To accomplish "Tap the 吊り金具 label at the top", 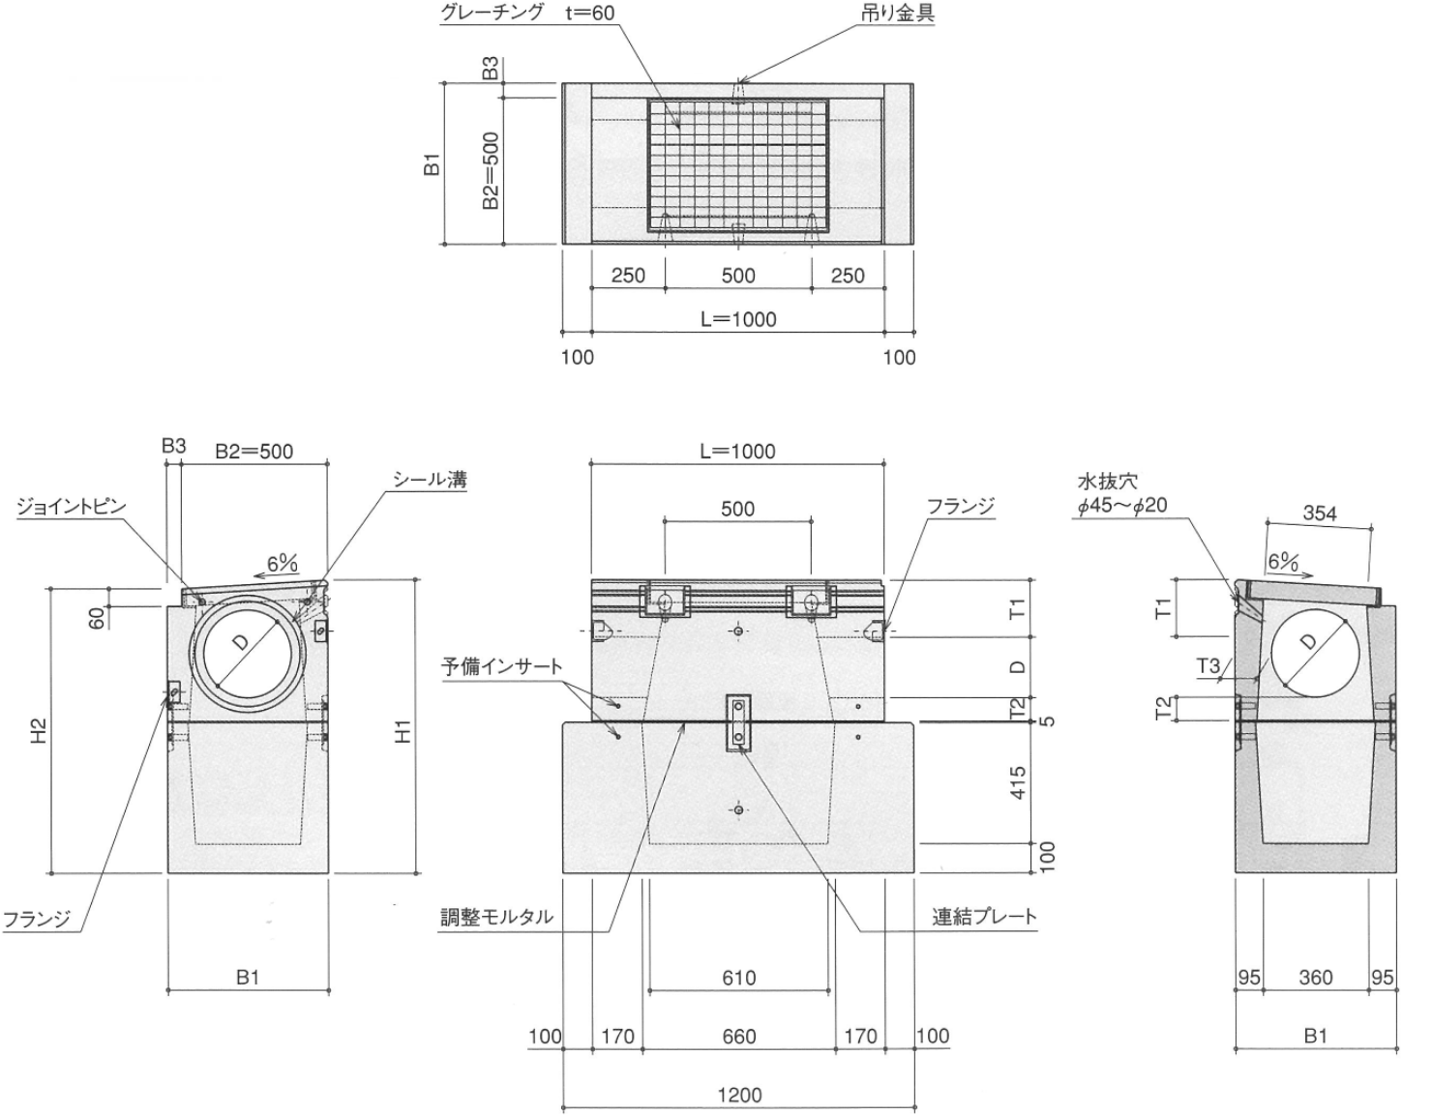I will [x=897, y=13].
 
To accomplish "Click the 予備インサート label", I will [x=502, y=666].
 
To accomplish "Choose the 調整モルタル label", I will [x=497, y=917].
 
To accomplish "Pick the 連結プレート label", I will [x=984, y=917].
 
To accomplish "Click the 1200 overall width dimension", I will [x=739, y=1095].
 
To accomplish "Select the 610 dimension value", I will [x=738, y=978].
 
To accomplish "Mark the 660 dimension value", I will [x=738, y=1037].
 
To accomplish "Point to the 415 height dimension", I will [x=1016, y=782].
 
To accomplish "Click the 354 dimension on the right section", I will [x=1319, y=513].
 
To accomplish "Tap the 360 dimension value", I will [x=1316, y=978].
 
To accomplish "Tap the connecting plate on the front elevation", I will [x=737, y=723].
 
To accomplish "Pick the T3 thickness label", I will [x=1208, y=665].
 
